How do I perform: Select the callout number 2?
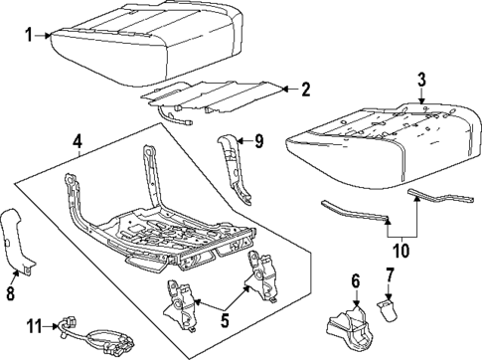coord(305,90)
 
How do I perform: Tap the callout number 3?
coord(421,79)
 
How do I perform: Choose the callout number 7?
coord(389,273)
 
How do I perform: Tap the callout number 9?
coord(258,141)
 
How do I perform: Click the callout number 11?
coord(32,325)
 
